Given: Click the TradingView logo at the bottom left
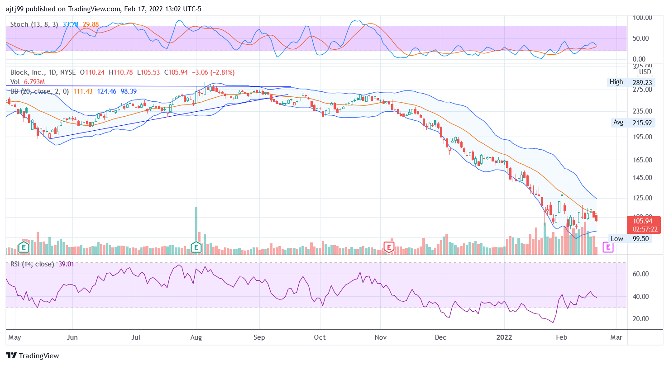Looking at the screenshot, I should click(32, 356).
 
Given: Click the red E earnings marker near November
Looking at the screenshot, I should click(388, 247).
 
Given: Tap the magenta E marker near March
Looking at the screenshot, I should click(608, 247).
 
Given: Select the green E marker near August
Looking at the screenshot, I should click(196, 247).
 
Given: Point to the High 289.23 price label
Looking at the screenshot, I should click(630, 82).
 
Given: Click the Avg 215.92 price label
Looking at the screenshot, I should click(631, 122).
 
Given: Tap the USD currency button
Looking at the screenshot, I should click(645, 72).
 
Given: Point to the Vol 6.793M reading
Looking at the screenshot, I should click(34, 82).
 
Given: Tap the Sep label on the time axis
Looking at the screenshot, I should click(259, 337).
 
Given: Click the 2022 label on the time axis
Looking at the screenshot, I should click(504, 337).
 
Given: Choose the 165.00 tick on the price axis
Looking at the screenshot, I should click(641, 160).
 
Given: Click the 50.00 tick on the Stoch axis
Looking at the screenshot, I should click(641, 38).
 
